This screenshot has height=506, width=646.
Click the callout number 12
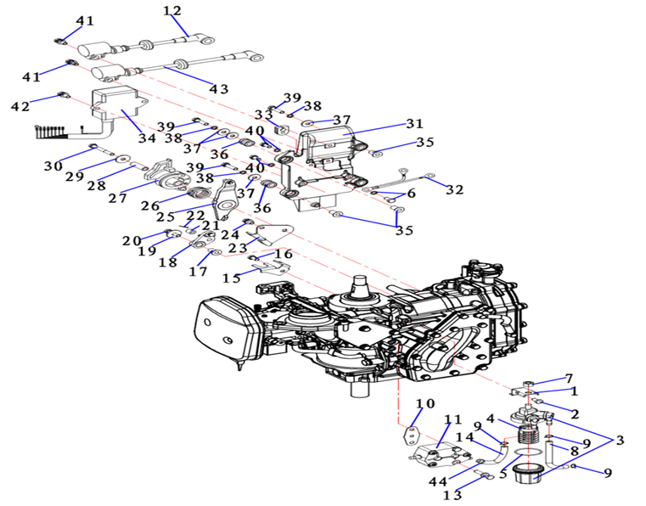pyautogui.click(x=172, y=10)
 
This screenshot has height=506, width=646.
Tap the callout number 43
pyautogui.click(x=219, y=88)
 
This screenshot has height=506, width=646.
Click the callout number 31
pyautogui.click(x=413, y=122)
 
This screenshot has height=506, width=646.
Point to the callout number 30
pyautogui.click(x=53, y=166)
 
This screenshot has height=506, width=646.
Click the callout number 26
pyautogui.click(x=149, y=205)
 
